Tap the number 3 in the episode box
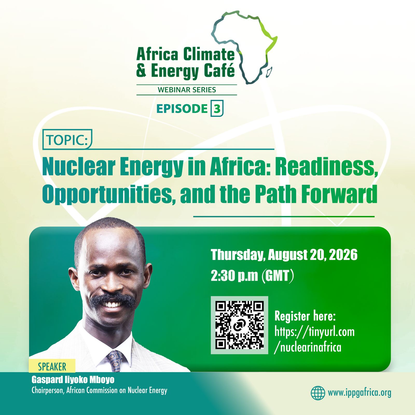click(x=217, y=108)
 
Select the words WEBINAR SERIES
click(x=187, y=90)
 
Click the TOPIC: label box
click(x=67, y=140)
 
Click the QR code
click(x=239, y=325)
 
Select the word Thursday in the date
click(x=238, y=255)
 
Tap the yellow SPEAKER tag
click(x=52, y=366)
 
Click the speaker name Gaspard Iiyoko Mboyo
click(x=73, y=380)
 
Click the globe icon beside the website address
click(x=318, y=393)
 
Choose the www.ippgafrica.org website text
click(x=359, y=393)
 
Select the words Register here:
click(x=305, y=316)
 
